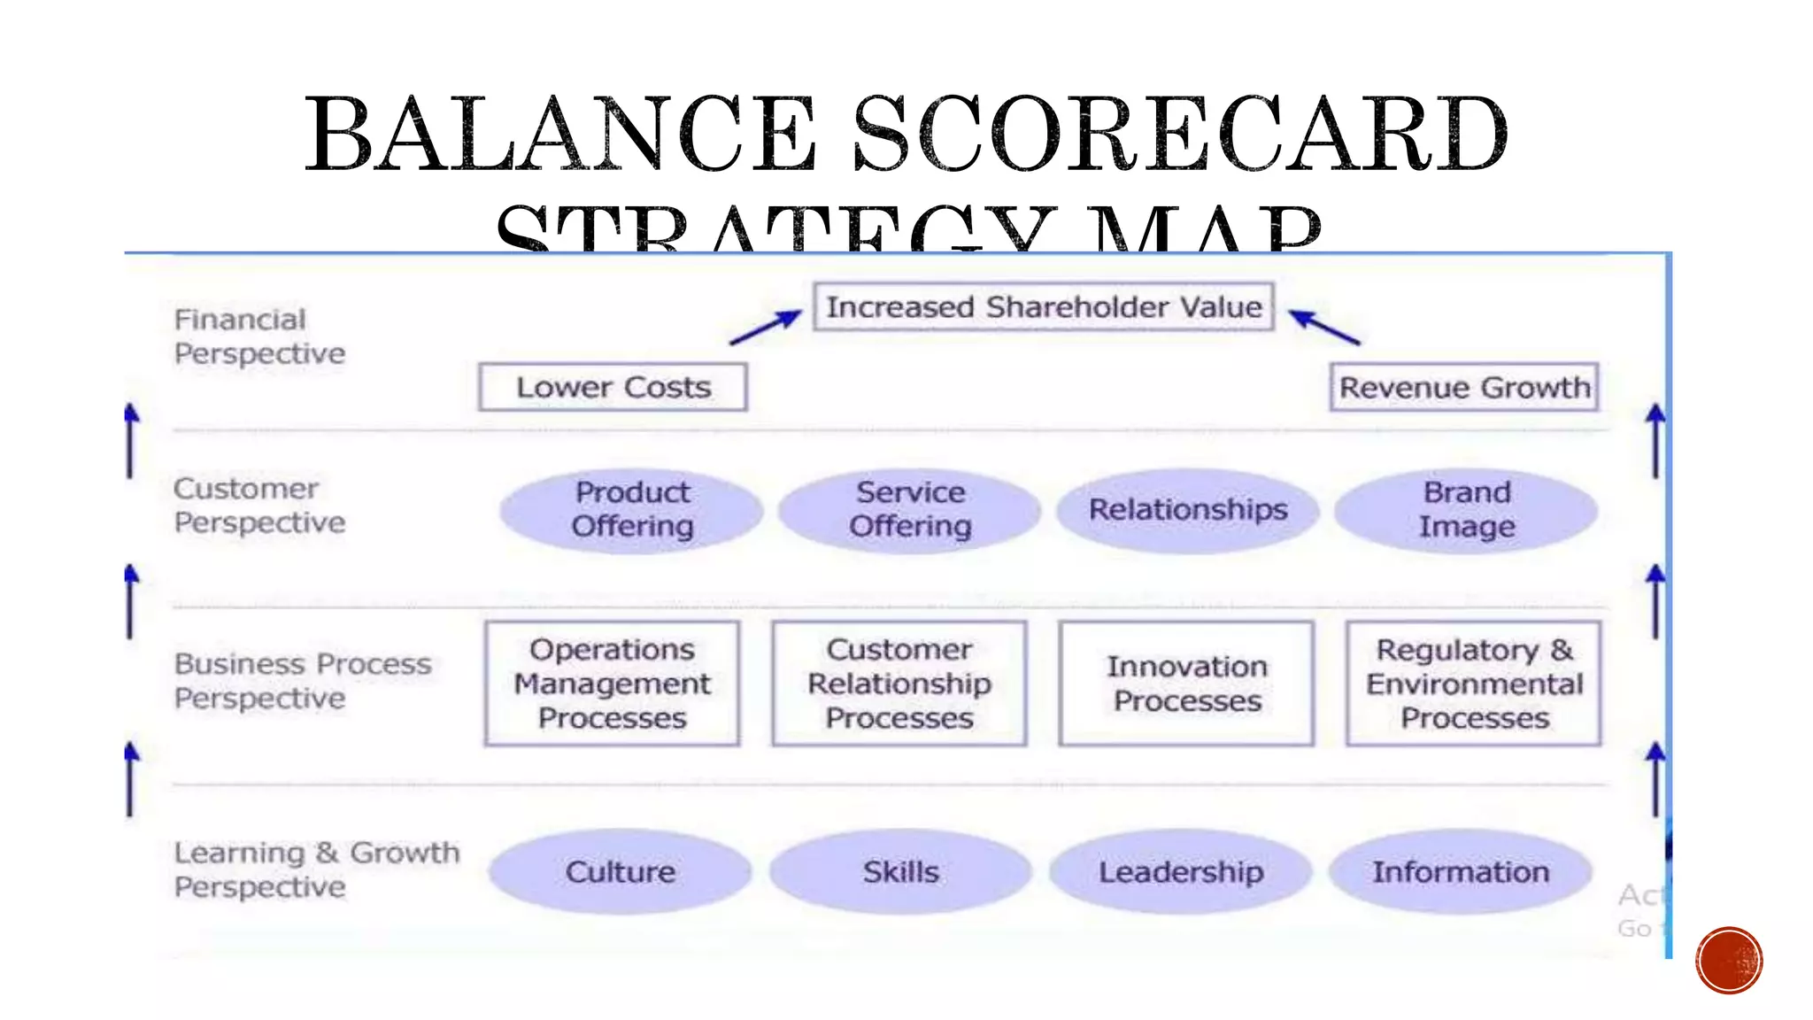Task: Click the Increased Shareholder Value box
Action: coord(1043,307)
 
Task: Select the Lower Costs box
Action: coord(613,388)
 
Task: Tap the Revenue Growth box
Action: coord(1464,388)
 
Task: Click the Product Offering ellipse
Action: coord(631,510)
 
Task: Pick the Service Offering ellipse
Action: coord(909,510)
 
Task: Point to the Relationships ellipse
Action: coord(1187,510)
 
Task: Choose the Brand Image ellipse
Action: coord(1466,510)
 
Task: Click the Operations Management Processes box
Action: coord(612,684)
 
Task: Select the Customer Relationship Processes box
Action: coord(899,684)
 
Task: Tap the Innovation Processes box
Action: coord(1186,684)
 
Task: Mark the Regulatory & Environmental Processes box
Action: coord(1474,684)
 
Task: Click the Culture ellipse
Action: coord(620,872)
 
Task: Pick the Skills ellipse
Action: coord(900,872)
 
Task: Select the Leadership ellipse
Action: coord(1180,872)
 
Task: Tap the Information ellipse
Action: coord(1461,872)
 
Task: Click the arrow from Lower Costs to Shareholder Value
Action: coord(765,328)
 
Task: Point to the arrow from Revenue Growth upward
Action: coord(1324,327)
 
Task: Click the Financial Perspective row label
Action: coord(258,336)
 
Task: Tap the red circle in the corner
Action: coord(1729,961)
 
